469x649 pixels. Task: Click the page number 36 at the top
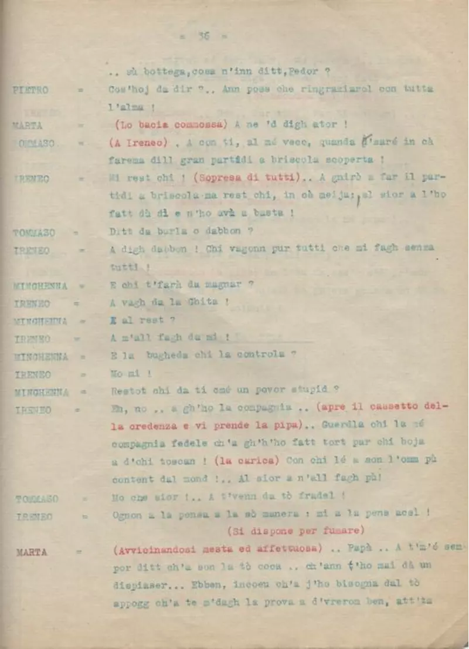coord(204,36)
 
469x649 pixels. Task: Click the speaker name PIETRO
coord(30,90)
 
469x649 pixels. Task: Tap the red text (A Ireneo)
coord(135,143)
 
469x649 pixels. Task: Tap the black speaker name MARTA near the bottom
coord(32,552)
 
